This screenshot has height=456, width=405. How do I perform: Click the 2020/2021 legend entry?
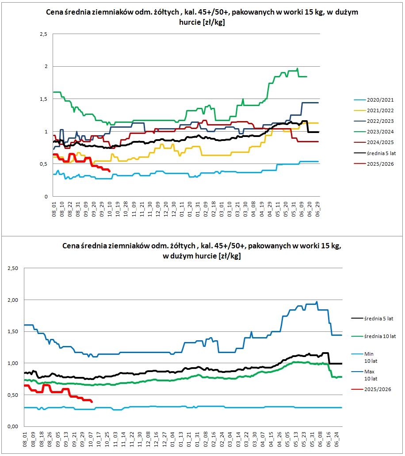click(373, 100)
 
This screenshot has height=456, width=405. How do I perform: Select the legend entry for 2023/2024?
click(373, 132)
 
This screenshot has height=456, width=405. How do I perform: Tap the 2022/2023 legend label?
click(373, 121)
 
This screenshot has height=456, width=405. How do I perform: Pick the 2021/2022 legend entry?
click(373, 110)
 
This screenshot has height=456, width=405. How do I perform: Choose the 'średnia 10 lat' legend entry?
click(380, 336)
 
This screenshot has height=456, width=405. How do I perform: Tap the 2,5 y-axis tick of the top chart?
click(43, 34)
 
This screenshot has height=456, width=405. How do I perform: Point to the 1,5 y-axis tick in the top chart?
click(43, 99)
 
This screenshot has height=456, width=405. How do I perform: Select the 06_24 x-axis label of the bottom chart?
click(336, 438)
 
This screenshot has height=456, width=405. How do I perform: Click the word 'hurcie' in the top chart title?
click(190, 23)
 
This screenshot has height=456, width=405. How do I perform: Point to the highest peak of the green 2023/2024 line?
click(298, 68)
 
